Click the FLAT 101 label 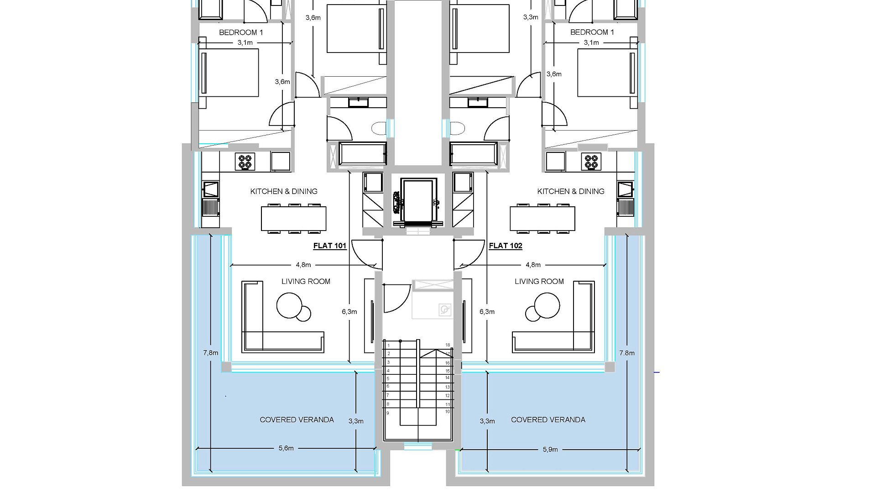pyautogui.click(x=329, y=246)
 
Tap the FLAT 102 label pyautogui.click(x=506, y=246)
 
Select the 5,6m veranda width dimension pyautogui.click(x=286, y=448)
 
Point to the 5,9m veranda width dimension pyautogui.click(x=550, y=449)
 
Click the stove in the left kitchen pyautogui.click(x=245, y=162)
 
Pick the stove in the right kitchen pyautogui.click(x=591, y=162)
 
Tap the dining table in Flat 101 pyautogui.click(x=293, y=219)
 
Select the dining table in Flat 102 pyautogui.click(x=542, y=219)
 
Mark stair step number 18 pyautogui.click(x=448, y=345)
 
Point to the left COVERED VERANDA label pyautogui.click(x=297, y=420)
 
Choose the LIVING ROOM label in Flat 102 pyautogui.click(x=539, y=282)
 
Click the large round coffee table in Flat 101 pyautogui.click(x=289, y=305)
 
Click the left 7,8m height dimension pyautogui.click(x=211, y=353)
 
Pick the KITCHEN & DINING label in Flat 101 pyautogui.click(x=284, y=192)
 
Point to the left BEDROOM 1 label pyautogui.click(x=241, y=32)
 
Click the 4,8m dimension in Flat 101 pyautogui.click(x=303, y=265)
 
